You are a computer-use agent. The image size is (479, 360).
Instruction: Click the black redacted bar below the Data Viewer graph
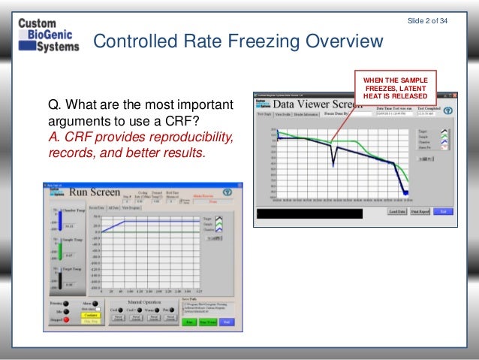[x=319, y=213]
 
